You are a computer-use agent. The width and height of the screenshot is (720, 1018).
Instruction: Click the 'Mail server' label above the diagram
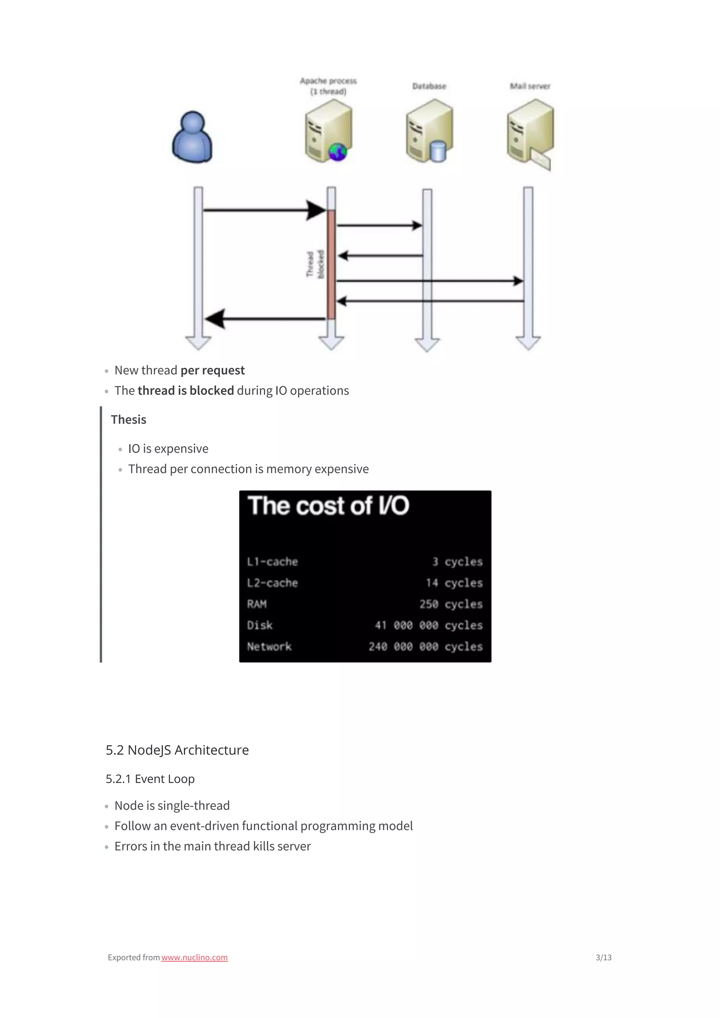click(x=530, y=86)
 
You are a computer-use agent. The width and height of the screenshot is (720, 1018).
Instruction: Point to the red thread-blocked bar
click(x=331, y=265)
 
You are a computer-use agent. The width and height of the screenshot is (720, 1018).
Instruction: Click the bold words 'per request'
click(x=212, y=370)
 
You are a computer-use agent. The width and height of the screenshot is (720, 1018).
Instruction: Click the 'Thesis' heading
click(x=129, y=419)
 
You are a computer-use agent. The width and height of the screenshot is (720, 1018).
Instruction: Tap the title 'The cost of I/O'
click(x=328, y=506)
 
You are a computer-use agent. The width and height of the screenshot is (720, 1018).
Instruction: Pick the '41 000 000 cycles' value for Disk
click(x=429, y=625)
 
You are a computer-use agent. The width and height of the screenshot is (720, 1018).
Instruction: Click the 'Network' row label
click(x=269, y=646)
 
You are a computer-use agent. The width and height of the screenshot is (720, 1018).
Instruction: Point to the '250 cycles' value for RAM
click(x=451, y=604)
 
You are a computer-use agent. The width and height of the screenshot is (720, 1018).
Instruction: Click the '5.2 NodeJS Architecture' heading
click(x=177, y=750)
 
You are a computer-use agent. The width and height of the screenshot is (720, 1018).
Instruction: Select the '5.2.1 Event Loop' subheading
click(x=150, y=779)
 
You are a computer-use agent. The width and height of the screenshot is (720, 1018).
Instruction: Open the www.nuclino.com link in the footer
click(x=194, y=957)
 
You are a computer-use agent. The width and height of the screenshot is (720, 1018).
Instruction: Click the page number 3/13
click(x=603, y=957)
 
